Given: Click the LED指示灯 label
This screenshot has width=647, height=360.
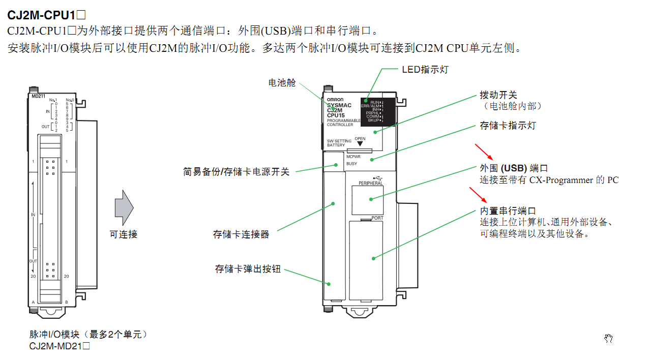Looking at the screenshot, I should [425, 69].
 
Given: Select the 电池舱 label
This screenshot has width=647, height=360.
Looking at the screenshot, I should [282, 82].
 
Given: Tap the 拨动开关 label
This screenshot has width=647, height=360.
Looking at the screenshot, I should [498, 95].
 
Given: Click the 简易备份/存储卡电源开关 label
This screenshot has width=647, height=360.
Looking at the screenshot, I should [236, 172].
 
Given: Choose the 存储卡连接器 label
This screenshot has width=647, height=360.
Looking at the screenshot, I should [241, 234].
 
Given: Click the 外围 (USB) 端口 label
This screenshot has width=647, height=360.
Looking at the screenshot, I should [514, 168].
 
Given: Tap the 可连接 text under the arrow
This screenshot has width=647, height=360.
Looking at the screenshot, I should [124, 234].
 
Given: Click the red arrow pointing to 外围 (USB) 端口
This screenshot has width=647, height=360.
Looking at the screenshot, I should [484, 152].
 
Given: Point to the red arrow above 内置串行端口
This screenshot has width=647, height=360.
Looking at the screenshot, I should [478, 195].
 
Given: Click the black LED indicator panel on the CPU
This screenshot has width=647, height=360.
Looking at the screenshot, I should [377, 111].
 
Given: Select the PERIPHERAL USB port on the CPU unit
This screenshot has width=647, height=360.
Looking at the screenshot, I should [367, 199].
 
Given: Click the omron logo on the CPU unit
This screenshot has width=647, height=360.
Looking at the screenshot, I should [335, 99].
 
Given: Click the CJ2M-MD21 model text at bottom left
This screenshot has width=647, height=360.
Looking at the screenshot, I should [60, 346].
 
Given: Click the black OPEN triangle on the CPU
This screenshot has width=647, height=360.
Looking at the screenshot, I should [360, 144].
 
